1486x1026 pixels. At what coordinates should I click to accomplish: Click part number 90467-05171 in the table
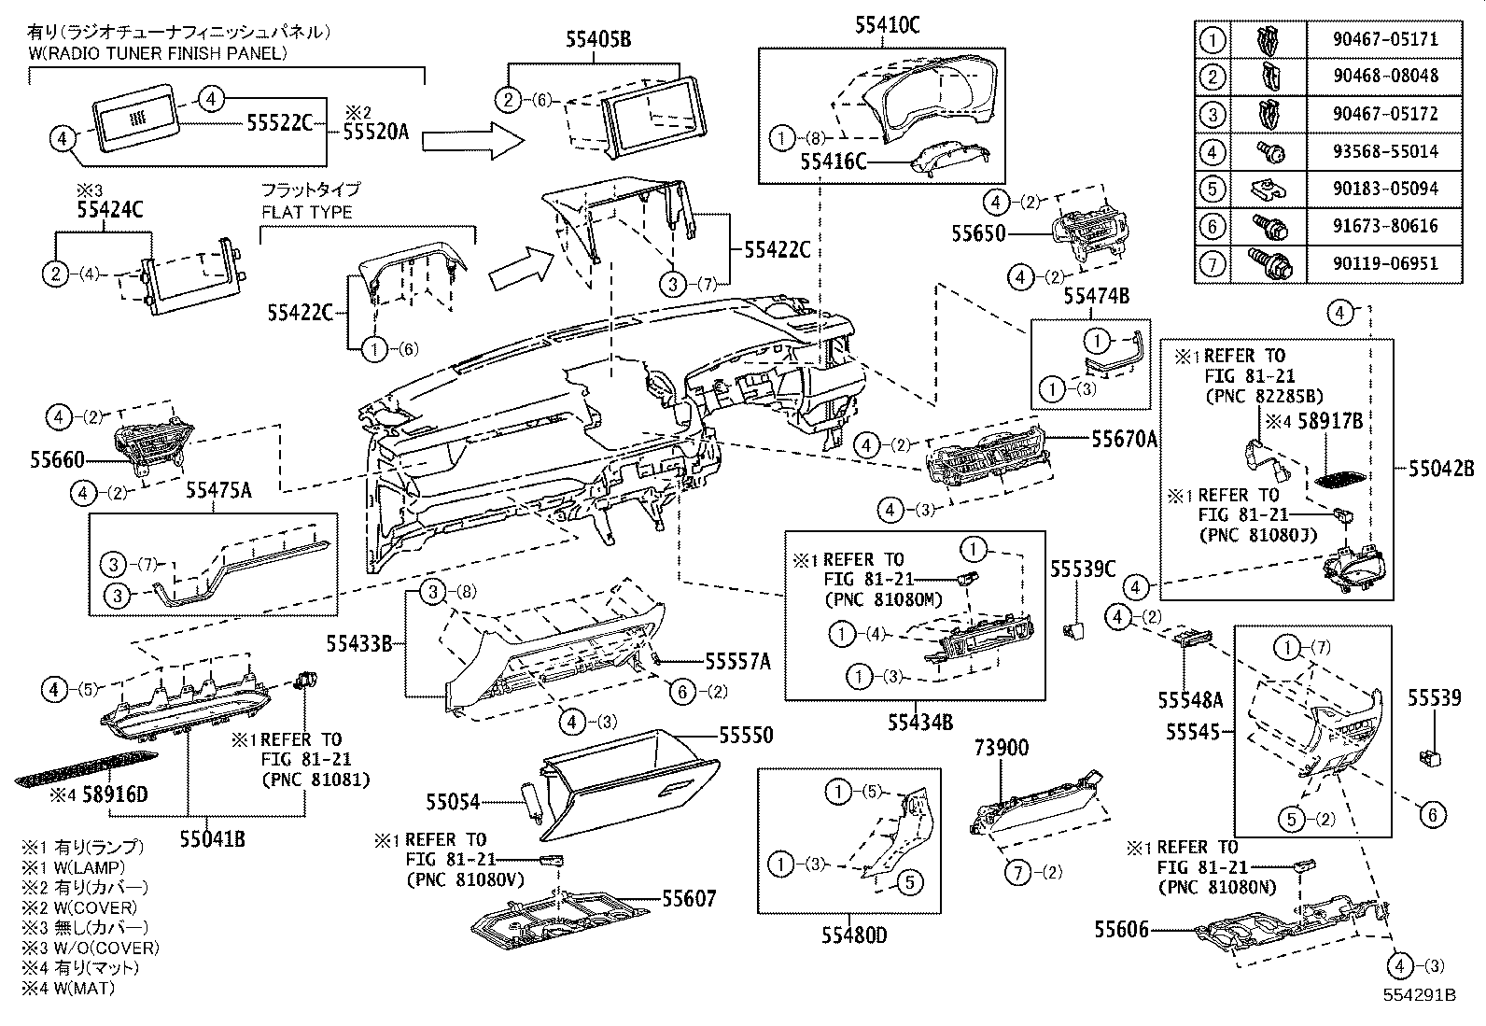point(1383,39)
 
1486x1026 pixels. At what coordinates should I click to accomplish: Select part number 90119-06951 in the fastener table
point(1383,263)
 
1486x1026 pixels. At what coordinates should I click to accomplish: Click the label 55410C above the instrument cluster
point(887,26)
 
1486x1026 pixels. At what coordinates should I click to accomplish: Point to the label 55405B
point(597,39)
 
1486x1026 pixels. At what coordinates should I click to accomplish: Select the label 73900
point(1002,748)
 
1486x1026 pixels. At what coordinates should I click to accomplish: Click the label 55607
point(689,899)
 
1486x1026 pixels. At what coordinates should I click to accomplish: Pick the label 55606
point(1121,930)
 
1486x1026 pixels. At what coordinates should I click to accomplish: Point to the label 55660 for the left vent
point(57,459)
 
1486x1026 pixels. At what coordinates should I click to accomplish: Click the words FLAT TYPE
point(306,212)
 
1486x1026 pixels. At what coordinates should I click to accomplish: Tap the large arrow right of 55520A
point(471,141)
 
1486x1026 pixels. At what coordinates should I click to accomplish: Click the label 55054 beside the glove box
point(453,801)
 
